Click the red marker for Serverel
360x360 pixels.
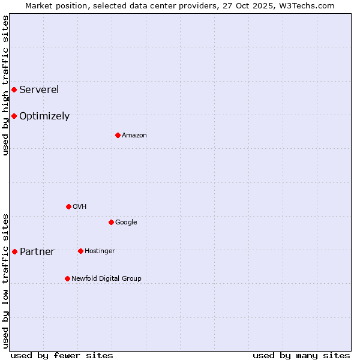point(14,90)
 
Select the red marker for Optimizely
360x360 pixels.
point(14,116)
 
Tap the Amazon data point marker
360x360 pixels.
point(118,135)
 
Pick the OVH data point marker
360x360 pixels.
point(68,206)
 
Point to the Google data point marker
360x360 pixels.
point(111,222)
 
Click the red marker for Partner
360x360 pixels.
point(14,251)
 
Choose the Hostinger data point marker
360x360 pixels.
point(80,251)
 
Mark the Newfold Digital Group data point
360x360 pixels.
point(67,278)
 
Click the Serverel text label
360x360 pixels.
point(39,90)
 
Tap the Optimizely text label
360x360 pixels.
point(44,116)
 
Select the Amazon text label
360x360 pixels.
point(134,136)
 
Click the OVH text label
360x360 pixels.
point(80,207)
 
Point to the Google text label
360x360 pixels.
point(126,223)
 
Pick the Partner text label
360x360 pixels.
point(37,252)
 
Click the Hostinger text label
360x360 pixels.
point(100,251)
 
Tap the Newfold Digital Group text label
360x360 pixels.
point(106,279)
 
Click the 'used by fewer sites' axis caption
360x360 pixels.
point(62,355)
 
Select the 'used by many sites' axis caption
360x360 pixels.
point(301,355)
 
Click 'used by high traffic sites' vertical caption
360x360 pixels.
point(5,85)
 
